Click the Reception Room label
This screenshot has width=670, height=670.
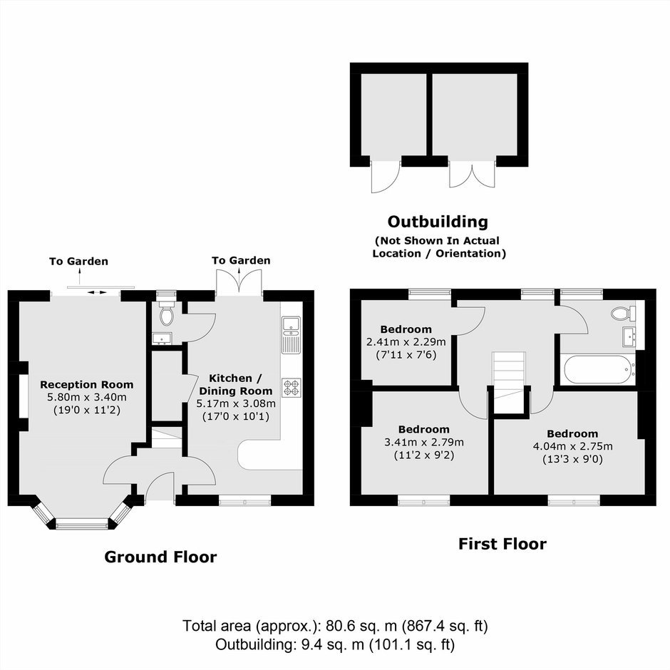click(x=87, y=385)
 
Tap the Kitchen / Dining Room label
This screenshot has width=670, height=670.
click(x=235, y=385)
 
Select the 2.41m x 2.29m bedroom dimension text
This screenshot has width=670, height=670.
click(x=406, y=342)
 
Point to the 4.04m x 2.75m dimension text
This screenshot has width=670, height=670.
click(x=572, y=446)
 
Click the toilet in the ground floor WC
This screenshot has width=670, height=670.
click(x=166, y=314)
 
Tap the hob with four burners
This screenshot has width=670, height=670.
click(x=292, y=388)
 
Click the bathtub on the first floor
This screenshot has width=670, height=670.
click(x=599, y=370)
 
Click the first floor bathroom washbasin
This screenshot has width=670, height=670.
click(x=629, y=337)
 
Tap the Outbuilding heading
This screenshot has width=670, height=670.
click(x=438, y=222)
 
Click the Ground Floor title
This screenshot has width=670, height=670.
click(x=160, y=557)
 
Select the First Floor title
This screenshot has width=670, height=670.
click(x=502, y=544)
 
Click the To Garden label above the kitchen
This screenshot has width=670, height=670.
click(x=241, y=260)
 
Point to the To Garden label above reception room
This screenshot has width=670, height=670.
click(x=78, y=261)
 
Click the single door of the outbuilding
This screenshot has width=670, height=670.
click(x=386, y=176)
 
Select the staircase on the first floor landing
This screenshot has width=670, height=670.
click(x=508, y=382)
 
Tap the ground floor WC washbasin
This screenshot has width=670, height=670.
click(x=163, y=338)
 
